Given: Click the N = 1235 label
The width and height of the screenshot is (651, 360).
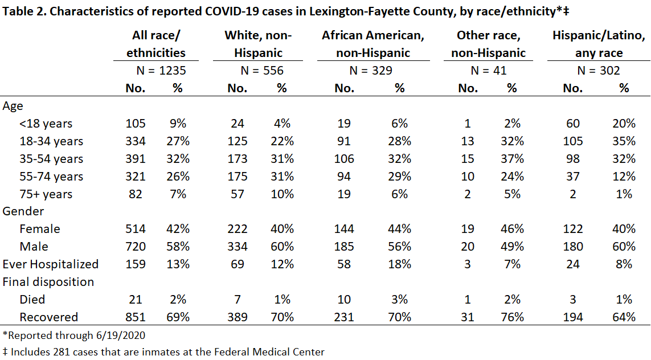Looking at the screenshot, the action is [161, 71].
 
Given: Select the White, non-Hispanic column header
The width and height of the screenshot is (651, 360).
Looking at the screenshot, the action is [258, 44].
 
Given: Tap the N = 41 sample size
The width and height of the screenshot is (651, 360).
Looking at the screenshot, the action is [489, 71].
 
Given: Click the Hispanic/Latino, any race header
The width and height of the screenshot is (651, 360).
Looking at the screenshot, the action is [599, 44].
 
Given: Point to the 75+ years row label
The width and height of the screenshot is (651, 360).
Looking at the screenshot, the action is [46, 194].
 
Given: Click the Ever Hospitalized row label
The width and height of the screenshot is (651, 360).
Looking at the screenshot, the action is [51, 264].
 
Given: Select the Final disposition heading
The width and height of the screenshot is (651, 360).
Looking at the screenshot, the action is [48, 282].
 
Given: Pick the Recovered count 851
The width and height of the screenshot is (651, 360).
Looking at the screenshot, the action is [136, 317].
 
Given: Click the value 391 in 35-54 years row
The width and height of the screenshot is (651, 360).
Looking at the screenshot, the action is [136, 159].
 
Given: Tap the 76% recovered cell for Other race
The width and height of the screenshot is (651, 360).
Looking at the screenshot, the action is [513, 317].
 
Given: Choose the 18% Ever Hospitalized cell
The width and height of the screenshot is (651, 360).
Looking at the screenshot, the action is [400, 264].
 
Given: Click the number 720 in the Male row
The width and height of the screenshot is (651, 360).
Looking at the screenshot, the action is [136, 247].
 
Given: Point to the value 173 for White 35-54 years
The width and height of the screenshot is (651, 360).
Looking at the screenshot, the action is [238, 159].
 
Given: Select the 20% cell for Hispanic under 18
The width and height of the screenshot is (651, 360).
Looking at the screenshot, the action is [624, 124].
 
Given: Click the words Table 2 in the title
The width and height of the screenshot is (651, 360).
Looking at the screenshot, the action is [24, 11].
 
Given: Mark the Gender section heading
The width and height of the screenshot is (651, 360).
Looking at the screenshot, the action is [23, 211].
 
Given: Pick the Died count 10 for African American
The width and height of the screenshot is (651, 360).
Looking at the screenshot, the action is [344, 300].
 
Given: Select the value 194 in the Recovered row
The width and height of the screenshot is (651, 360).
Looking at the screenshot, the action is [573, 317].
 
